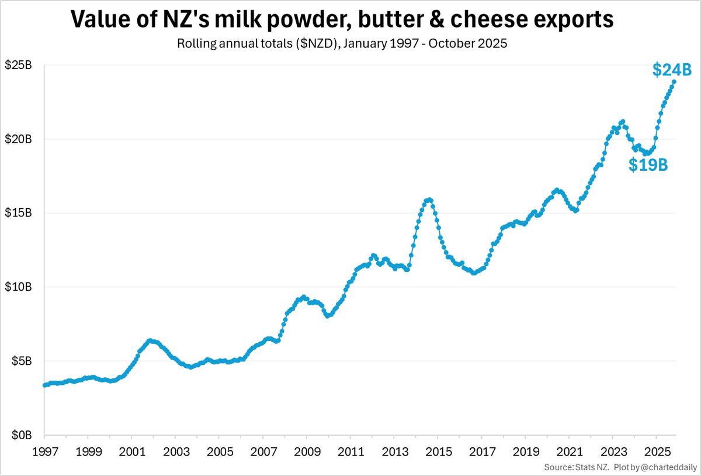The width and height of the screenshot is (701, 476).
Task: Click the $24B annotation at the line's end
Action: tap(671, 70)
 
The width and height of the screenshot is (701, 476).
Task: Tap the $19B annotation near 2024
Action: tap(648, 165)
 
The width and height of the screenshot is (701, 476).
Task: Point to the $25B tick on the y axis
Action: tap(19, 65)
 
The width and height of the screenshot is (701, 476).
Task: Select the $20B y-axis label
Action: tap(19, 139)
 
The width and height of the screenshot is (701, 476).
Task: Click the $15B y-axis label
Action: tap(19, 213)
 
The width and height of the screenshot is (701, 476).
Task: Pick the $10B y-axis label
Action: tap(19, 287)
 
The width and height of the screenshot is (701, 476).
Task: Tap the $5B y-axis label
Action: tap(22, 361)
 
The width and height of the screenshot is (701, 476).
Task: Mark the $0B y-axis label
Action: tap(22, 436)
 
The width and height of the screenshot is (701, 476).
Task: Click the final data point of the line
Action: tap(674, 82)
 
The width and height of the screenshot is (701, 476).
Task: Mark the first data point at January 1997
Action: tap(45, 385)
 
